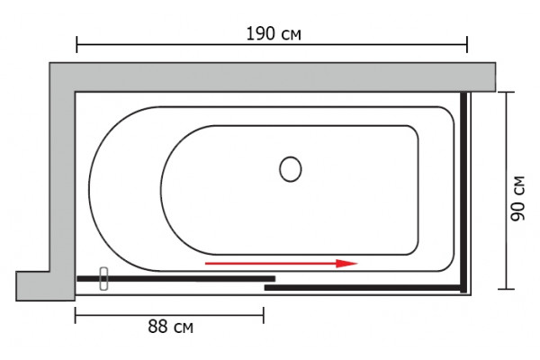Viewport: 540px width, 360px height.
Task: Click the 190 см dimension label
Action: [274, 34]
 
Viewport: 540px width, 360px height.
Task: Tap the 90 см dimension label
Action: [518, 198]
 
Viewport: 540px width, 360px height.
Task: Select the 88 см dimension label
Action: [170, 327]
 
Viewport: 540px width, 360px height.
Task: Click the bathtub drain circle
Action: [291, 169]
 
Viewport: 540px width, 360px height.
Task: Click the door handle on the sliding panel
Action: [103, 278]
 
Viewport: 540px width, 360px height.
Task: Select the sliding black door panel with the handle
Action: [176, 279]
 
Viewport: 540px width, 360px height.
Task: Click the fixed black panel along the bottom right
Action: [363, 287]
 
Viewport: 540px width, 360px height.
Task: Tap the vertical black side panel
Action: [463, 192]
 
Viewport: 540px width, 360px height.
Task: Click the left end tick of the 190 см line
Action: [76, 44]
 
